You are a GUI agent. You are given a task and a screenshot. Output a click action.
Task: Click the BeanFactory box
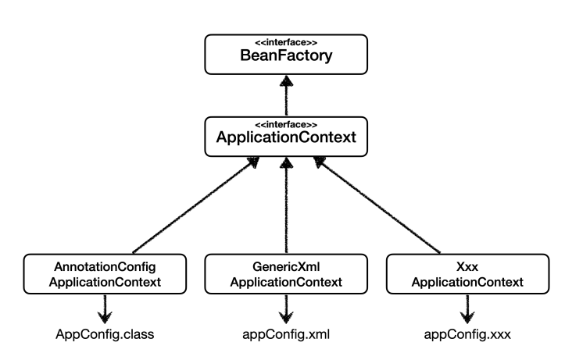[x=286, y=55]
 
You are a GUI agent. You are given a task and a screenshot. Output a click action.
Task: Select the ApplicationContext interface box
[x=286, y=137]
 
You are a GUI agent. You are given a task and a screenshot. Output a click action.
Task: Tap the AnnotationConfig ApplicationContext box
[x=105, y=274]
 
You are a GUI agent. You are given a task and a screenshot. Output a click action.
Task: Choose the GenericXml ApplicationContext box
[x=286, y=274]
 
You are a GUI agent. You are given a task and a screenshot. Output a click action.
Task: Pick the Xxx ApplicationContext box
[x=468, y=274]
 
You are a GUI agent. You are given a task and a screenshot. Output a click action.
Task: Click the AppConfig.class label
[x=105, y=334]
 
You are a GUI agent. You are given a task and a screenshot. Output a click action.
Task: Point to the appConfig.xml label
[x=286, y=334]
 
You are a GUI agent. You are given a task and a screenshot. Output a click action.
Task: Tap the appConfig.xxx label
[x=467, y=334]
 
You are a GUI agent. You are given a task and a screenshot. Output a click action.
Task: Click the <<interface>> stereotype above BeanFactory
[x=286, y=42]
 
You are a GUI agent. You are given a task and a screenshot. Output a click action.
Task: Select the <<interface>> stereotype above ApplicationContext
[x=286, y=125]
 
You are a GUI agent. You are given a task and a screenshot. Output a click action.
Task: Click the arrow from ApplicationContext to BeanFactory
[x=287, y=95]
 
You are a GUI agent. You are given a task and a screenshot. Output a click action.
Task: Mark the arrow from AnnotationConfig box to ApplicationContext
[x=195, y=205]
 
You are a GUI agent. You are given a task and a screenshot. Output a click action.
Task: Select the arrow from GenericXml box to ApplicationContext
[x=287, y=205]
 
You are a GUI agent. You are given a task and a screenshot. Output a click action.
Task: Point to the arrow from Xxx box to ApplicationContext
[x=377, y=205]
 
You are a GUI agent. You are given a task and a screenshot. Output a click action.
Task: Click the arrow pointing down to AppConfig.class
[x=105, y=309]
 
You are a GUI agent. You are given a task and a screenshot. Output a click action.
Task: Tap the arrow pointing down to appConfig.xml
[x=286, y=309]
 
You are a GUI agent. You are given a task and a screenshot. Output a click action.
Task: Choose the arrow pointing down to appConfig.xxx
[x=467, y=309]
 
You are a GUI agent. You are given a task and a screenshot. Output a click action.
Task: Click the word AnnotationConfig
[x=105, y=267]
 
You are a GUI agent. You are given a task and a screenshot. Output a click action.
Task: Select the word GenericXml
[x=286, y=267]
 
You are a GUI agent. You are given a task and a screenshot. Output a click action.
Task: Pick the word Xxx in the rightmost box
[x=467, y=267]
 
